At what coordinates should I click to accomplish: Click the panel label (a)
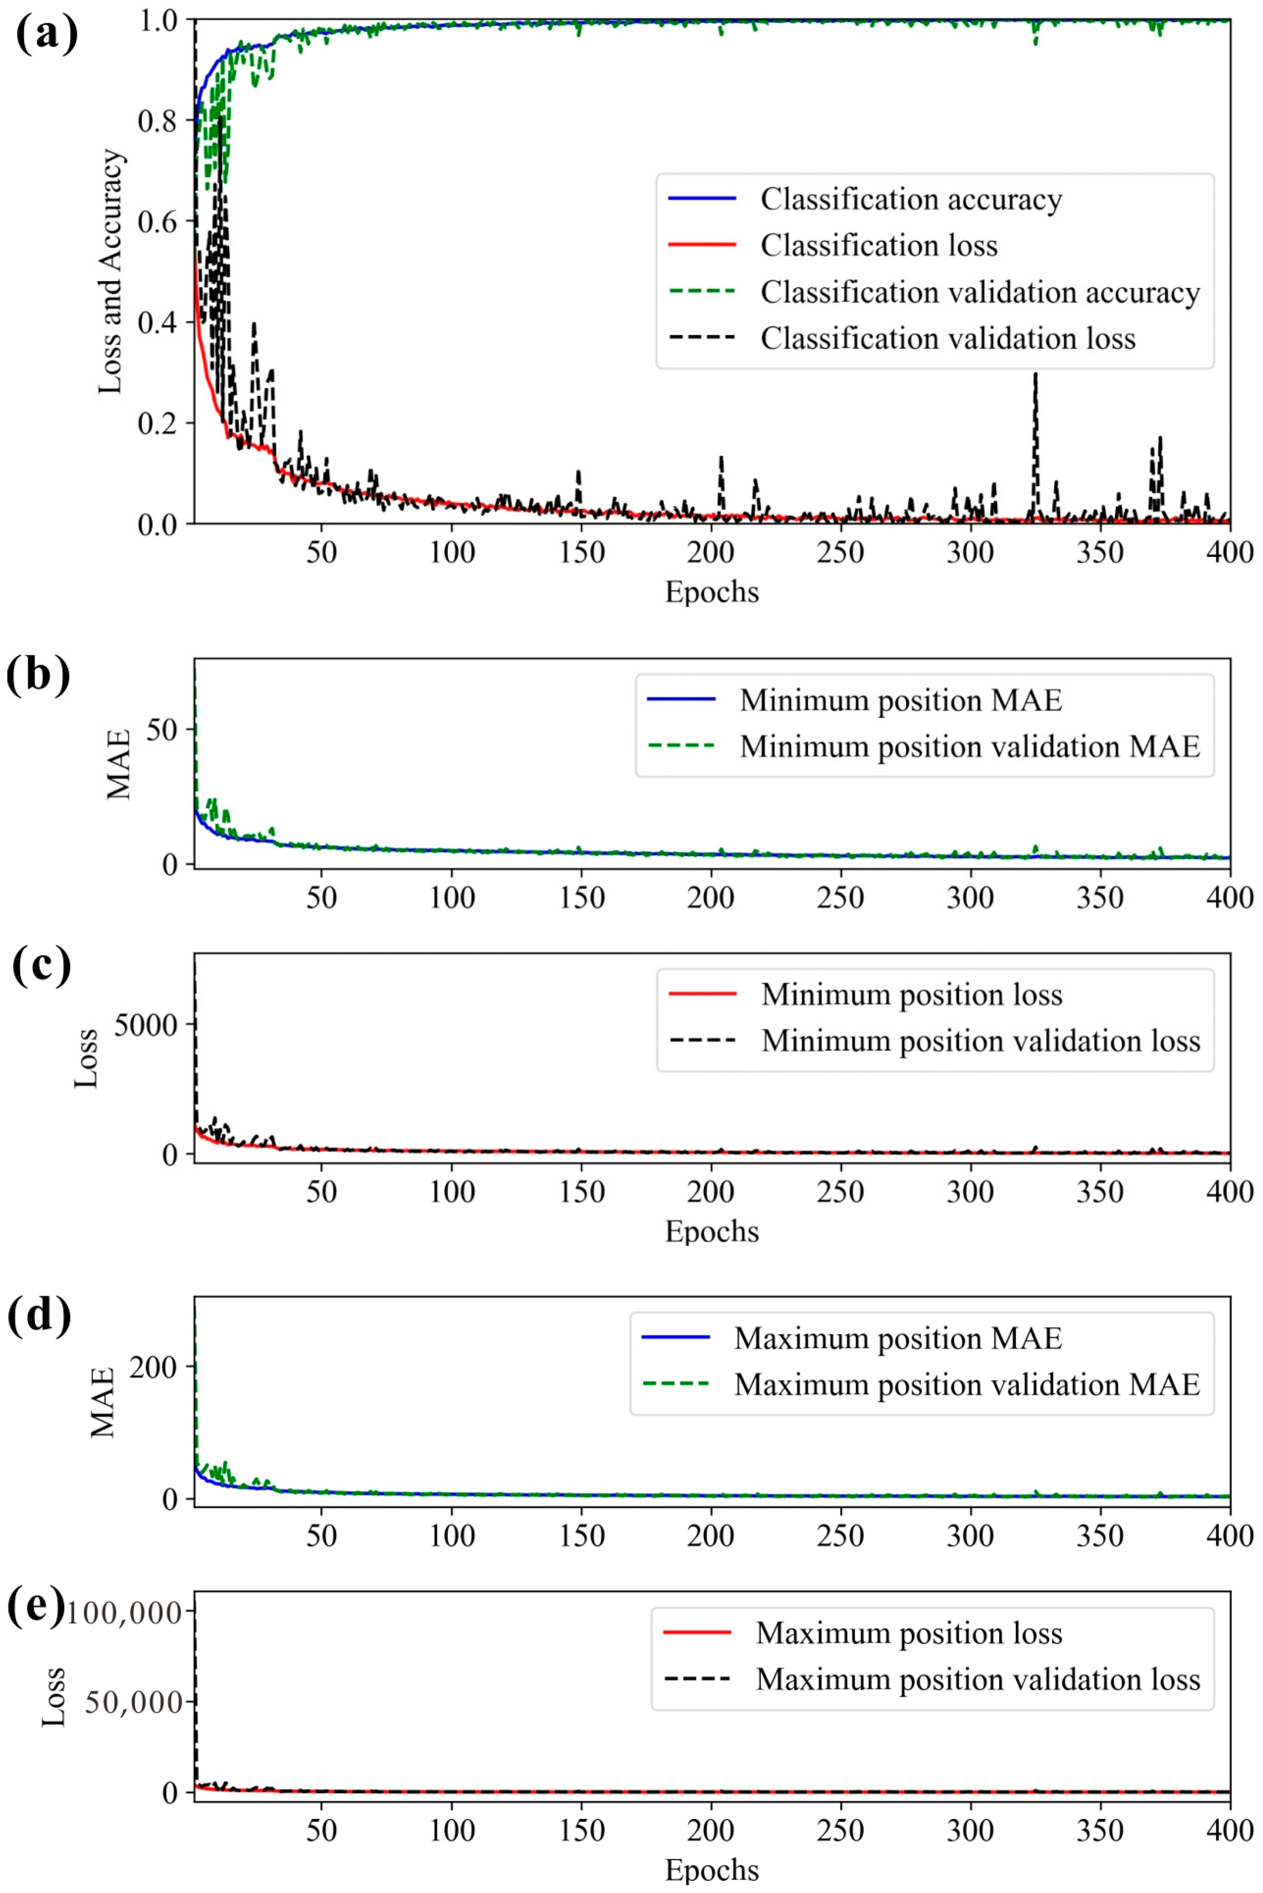47,35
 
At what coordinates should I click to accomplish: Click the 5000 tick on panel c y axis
145,1025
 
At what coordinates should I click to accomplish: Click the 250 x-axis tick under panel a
840,553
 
